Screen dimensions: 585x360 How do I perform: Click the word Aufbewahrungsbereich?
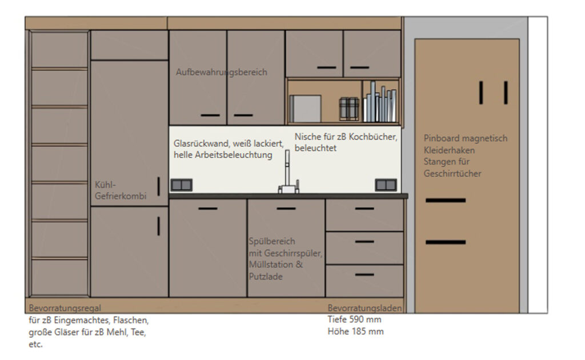point(221,72)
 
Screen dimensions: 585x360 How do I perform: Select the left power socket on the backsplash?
point(181,185)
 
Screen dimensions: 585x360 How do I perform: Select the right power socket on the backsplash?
point(386,185)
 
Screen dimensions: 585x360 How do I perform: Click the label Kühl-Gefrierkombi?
point(120,190)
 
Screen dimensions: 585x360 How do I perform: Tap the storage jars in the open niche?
point(349,109)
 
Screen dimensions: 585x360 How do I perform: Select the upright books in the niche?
point(380,102)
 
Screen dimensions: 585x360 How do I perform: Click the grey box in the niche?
point(305,109)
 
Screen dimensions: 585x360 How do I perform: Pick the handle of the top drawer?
point(364,209)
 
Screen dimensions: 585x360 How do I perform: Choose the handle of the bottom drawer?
point(364,275)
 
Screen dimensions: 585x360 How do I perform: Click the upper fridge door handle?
point(159,186)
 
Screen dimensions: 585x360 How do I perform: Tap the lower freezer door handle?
point(159,226)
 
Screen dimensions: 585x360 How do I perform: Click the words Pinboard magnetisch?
point(465,138)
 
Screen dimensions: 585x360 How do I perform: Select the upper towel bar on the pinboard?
point(446,201)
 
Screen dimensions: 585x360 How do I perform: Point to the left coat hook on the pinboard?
point(481,93)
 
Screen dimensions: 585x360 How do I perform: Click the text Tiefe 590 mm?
point(354,319)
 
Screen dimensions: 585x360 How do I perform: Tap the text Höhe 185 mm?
point(355,331)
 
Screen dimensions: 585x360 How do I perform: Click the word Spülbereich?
point(272,241)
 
